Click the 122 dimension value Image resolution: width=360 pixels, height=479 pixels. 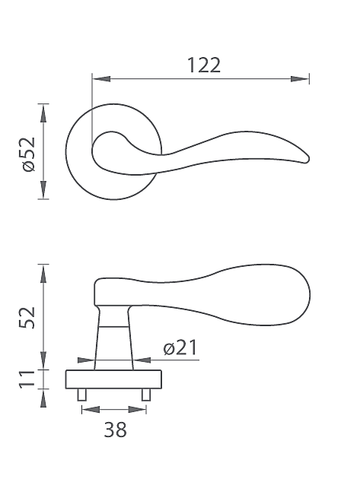click(204, 65)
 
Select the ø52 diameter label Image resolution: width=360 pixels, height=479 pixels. click(29, 154)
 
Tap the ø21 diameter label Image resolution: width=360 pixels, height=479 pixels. click(180, 347)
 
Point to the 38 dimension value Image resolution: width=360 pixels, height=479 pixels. click(115, 430)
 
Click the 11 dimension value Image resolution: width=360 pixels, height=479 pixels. click(27, 379)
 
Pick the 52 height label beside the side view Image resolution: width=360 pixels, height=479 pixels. click(27, 317)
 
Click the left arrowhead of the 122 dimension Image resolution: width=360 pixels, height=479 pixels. click(101, 79)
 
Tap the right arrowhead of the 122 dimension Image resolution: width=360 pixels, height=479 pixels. click(300, 79)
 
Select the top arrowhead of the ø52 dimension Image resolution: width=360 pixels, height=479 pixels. click(43, 113)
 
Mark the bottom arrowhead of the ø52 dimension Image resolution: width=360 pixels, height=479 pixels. click(43, 190)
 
